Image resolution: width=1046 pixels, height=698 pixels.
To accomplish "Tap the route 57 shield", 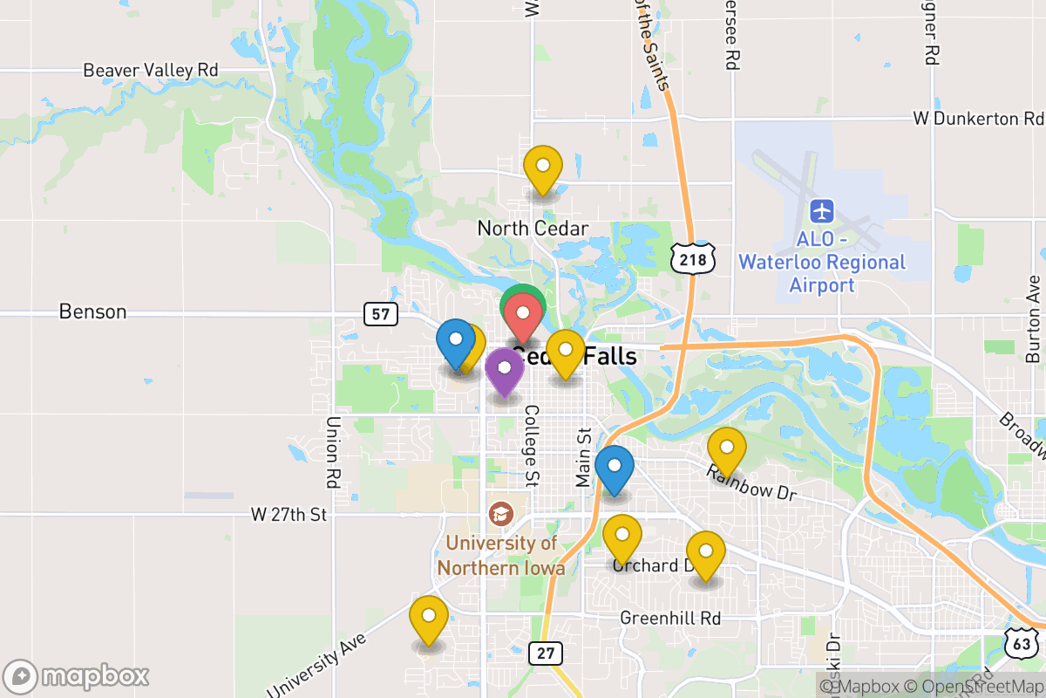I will point(381,313).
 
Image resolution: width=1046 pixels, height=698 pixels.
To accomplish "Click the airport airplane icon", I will point(822,211).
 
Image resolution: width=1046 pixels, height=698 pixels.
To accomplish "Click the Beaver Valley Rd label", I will point(151,70).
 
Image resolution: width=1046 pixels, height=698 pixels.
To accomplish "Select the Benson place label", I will point(92,311).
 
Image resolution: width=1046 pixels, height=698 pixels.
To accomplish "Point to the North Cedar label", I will point(533,229).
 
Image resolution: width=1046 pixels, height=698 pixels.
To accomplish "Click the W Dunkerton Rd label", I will point(978,118).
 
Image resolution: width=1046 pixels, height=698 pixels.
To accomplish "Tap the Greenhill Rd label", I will point(670,618).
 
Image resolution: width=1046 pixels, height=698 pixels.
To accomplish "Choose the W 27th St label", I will point(288,515).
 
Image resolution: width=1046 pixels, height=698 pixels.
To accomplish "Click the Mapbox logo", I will point(77,676).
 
